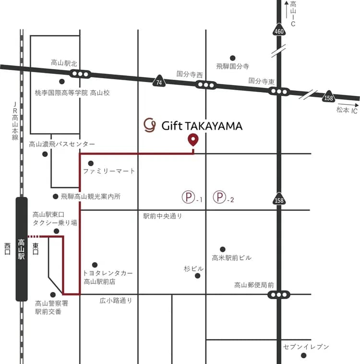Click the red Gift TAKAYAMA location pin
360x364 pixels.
pyautogui.click(x=193, y=140)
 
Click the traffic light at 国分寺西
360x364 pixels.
pyautogui.click(x=206, y=85)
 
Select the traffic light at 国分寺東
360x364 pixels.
pyautogui.click(x=278, y=91)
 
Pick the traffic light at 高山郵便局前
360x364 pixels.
pyautogui.click(x=279, y=294)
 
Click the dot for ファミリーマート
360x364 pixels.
pyautogui.click(x=91, y=163)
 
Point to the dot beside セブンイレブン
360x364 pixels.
pyautogui.click(x=303, y=355)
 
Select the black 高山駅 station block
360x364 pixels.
pyautogui.click(x=22, y=249)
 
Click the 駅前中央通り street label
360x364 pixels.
pyautogui.click(x=163, y=217)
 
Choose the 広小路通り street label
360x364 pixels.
pyautogui.click(x=116, y=301)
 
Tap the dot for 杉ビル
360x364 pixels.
pyautogui.click(x=197, y=276)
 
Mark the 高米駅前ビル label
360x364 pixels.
pyautogui.click(x=231, y=258)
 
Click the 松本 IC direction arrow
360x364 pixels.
pyautogui.click(x=348, y=103)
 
